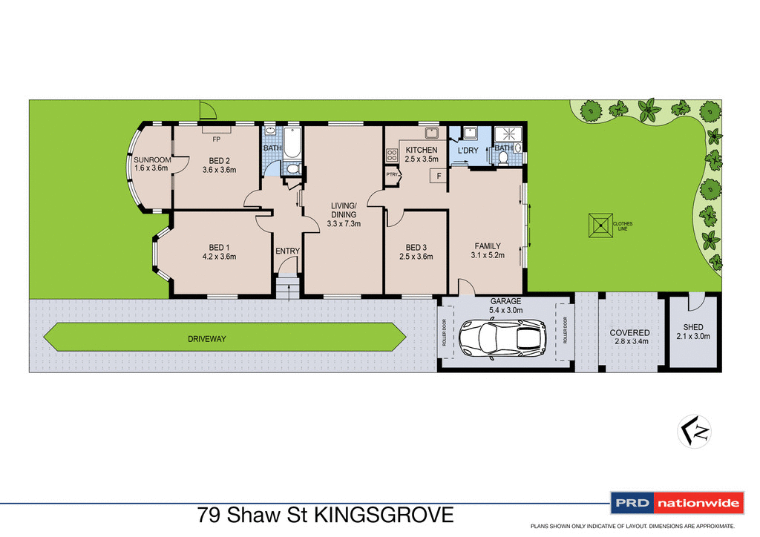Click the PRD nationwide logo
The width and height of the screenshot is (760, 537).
click(676, 504)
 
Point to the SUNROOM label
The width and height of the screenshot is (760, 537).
click(152, 160)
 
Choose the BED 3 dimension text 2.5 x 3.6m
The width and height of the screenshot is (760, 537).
click(415, 257)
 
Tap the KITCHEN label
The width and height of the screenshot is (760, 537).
click(421, 150)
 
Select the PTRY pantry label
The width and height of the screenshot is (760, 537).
click(392, 175)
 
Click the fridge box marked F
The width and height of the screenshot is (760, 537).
click(439, 176)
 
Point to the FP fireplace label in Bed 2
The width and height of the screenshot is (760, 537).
click(217, 139)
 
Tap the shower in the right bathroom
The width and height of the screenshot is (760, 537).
click(510, 134)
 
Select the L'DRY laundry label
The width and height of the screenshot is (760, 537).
click(468, 151)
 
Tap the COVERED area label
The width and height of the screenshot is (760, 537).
click(629, 333)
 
